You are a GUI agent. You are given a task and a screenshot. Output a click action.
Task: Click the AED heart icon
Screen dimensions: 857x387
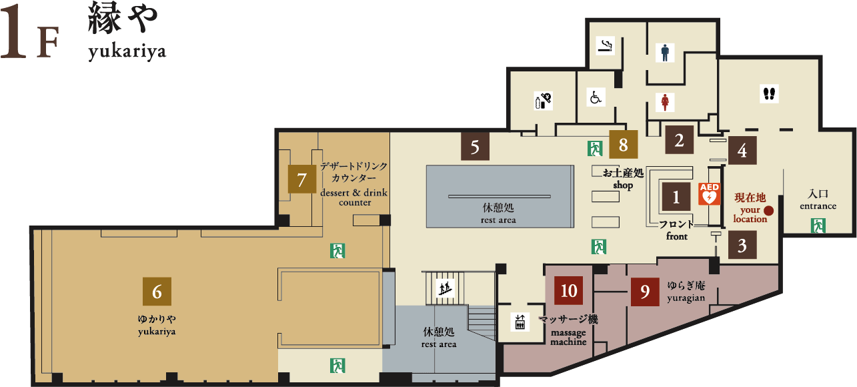point(710,193)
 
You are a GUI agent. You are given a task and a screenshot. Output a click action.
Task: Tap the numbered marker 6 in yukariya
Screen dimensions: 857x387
point(157,292)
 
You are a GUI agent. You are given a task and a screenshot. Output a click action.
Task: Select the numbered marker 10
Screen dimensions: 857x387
point(568,290)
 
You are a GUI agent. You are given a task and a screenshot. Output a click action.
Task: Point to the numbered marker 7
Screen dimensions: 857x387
point(302,179)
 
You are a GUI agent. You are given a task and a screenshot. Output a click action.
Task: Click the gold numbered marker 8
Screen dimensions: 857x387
point(624,144)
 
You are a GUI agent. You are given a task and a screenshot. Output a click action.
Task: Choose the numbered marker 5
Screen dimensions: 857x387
point(475,146)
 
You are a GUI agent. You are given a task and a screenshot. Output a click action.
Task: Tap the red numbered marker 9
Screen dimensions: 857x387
point(645,292)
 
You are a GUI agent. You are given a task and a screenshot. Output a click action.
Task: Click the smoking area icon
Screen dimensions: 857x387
point(606,46)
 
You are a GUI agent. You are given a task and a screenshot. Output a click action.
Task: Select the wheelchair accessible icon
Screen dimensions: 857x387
point(596,97)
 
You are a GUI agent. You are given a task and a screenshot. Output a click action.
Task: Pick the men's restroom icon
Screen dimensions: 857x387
point(665,53)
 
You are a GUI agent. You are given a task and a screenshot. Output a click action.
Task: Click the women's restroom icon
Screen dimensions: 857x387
point(665,103)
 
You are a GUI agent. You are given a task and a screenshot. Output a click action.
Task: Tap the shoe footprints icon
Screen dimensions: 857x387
point(769,93)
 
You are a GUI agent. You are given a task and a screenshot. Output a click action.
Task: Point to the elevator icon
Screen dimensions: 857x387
point(520,322)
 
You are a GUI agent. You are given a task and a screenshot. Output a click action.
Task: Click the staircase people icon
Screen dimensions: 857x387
point(446,288)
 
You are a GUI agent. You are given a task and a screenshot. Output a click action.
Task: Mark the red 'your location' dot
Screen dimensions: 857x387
point(768,211)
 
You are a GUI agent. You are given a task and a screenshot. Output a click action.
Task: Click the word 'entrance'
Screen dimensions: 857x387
point(818,206)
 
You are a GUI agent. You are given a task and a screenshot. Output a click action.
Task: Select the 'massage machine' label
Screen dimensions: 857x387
point(568,337)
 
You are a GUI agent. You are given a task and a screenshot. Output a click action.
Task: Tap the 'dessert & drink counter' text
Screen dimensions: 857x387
point(354,198)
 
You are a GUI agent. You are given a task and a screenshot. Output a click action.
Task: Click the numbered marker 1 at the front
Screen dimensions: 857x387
point(676,197)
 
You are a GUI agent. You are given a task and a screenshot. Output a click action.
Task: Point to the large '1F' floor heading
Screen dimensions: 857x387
point(29,33)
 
